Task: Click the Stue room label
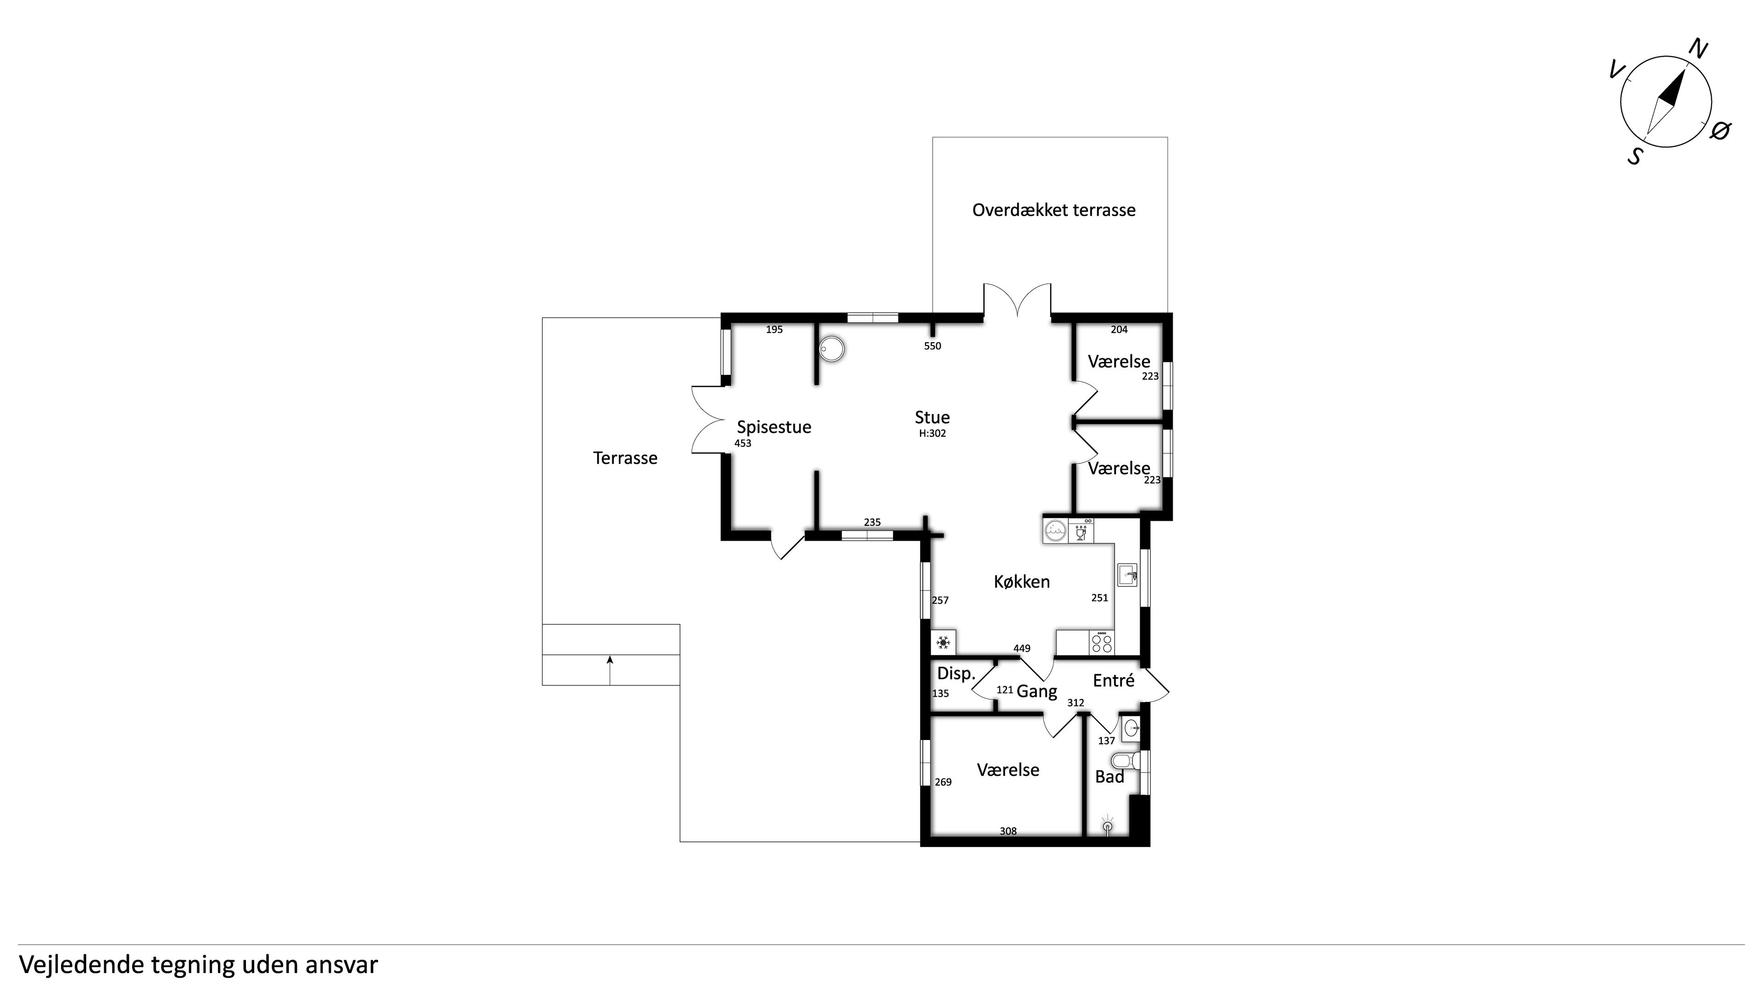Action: click(x=932, y=417)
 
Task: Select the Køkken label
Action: click(x=1022, y=581)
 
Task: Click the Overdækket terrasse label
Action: click(x=1054, y=210)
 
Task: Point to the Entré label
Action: click(x=1114, y=680)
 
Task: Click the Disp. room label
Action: click(x=955, y=674)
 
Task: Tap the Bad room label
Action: click(x=1110, y=777)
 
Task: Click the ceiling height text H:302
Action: click(x=932, y=434)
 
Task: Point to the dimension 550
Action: click(x=932, y=346)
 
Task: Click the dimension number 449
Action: click(x=1022, y=648)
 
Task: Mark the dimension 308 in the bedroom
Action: click(x=1008, y=832)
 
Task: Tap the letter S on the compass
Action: click(x=1635, y=156)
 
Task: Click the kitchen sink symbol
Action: click(x=1127, y=574)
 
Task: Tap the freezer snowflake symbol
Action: click(x=943, y=643)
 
